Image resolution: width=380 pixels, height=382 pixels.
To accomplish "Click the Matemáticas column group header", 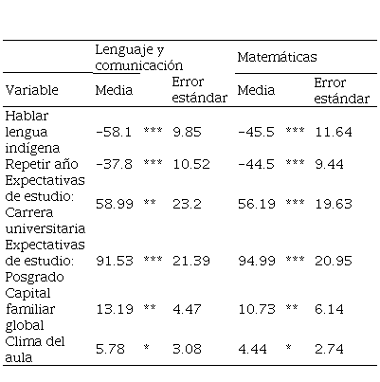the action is coord(277,57).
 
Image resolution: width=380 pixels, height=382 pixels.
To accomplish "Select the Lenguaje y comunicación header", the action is coord(139,58).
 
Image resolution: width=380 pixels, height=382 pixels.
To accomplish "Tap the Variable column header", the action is coord(32,90).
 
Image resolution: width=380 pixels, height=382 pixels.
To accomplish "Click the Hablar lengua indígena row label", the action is coord(32,132).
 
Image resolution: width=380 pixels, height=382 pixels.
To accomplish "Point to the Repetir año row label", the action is coord(42,164).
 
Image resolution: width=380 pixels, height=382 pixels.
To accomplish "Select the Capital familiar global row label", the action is coord(30,309).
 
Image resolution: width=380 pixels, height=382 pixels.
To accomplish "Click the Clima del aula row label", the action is coord(35,349).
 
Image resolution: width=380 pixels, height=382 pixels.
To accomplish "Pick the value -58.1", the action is coord(114,132).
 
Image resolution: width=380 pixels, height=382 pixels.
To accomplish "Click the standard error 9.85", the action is coord(187,132).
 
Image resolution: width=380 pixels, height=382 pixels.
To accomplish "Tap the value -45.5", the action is coord(256,132).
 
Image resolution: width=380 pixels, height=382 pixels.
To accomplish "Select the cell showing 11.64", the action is coord(334,132).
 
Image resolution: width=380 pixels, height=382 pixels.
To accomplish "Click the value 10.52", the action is coord(191,164).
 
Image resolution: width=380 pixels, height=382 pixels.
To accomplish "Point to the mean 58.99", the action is coord(115,204).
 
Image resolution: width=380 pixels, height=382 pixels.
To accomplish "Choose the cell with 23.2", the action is coord(187,204).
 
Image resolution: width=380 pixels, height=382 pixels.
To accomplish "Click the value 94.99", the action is coord(257,261).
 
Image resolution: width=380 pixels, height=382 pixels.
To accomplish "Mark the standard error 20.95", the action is coord(334,261).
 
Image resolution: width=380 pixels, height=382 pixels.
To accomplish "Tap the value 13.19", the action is coord(115,309).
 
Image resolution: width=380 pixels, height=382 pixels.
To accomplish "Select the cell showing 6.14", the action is coord(329,309).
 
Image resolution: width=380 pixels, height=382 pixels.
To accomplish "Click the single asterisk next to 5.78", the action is coord(146,348).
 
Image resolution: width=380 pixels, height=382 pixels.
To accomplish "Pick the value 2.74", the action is coord(329,349).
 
